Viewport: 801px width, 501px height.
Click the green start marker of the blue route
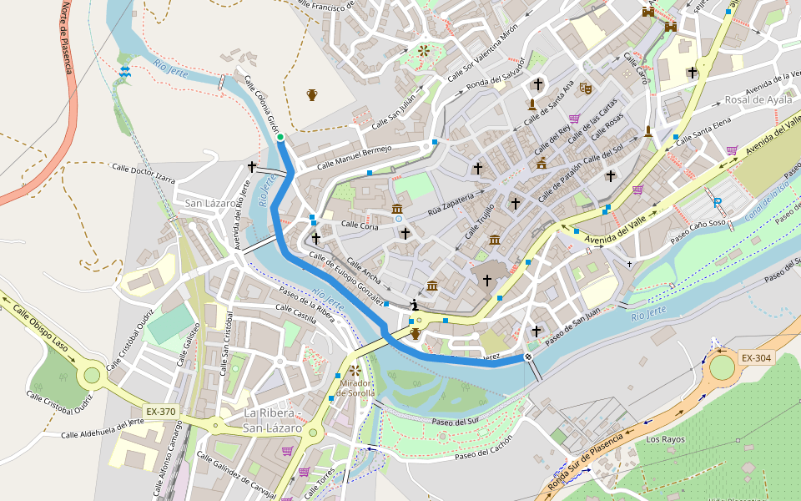(280, 138)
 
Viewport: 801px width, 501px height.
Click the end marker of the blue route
(528, 357)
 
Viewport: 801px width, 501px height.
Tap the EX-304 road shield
(756, 358)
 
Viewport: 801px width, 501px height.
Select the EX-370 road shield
(161, 412)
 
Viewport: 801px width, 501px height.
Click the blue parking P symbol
(718, 201)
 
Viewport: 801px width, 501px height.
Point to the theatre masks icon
(586, 87)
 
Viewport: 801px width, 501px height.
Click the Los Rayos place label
(665, 438)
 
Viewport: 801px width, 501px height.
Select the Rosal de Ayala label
(758, 99)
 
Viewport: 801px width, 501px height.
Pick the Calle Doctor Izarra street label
(143, 173)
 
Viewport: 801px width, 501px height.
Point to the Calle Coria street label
(360, 225)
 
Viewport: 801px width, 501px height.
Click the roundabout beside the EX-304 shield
(721, 366)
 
